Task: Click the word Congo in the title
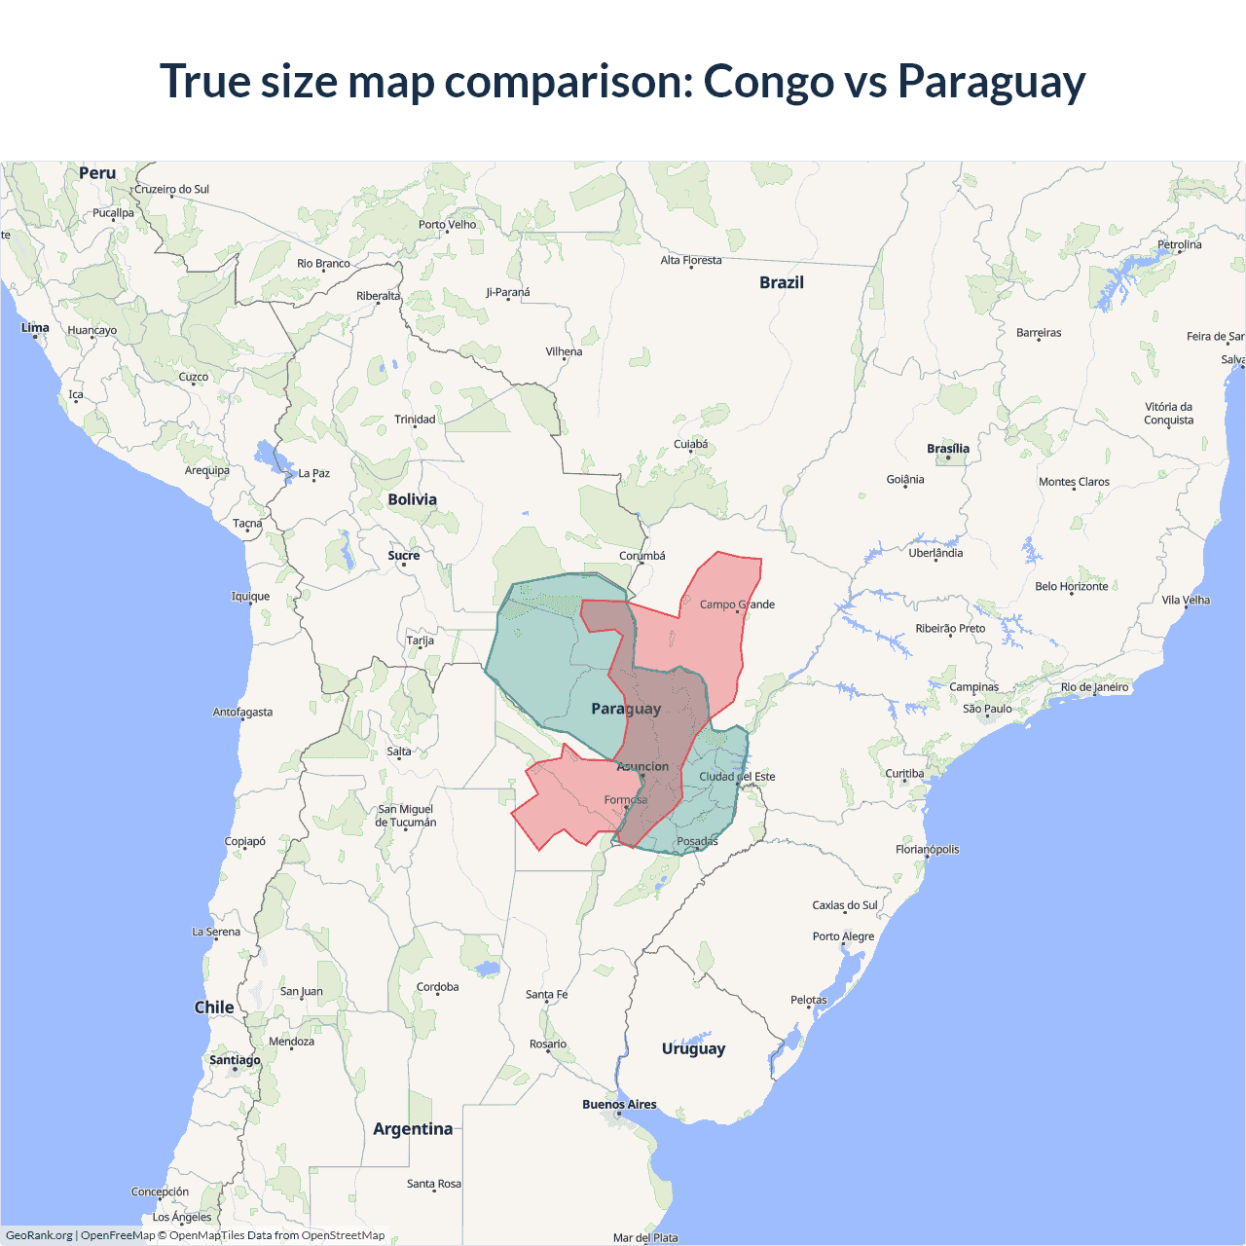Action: pyautogui.click(x=768, y=82)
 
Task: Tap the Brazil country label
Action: pyautogui.click(x=782, y=282)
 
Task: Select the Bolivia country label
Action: pyautogui.click(x=412, y=499)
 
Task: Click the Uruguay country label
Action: pyautogui.click(x=693, y=1048)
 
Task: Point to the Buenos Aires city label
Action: pyautogui.click(x=619, y=1104)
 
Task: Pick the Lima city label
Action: pyautogui.click(x=35, y=327)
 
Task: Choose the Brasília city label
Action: pyautogui.click(x=948, y=449)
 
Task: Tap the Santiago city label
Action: pyautogui.click(x=235, y=1060)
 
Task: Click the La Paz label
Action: pyautogui.click(x=313, y=474)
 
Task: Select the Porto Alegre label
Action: pyautogui.click(x=843, y=936)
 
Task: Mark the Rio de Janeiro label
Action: pyautogui.click(x=1094, y=687)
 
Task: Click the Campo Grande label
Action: pyautogui.click(x=737, y=605)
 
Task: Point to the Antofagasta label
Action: pyautogui.click(x=242, y=713)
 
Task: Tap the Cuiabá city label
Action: pyautogui.click(x=691, y=445)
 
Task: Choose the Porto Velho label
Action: pyautogui.click(x=448, y=225)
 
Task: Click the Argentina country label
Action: pyautogui.click(x=413, y=1129)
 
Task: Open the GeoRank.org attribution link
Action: pyautogui.click(x=39, y=1235)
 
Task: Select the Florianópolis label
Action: pyautogui.click(x=927, y=850)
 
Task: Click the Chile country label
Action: pyautogui.click(x=214, y=1008)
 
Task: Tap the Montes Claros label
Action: pyautogui.click(x=1074, y=482)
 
